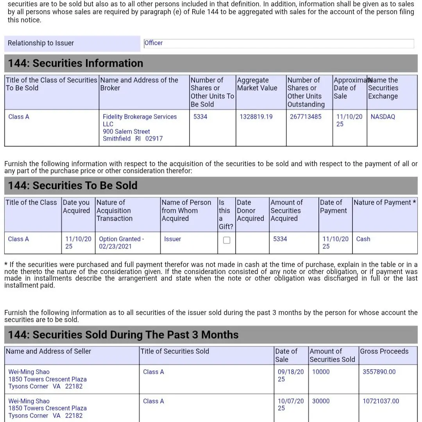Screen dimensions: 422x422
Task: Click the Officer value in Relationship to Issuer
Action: pos(154,43)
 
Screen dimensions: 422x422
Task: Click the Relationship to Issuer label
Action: pos(41,43)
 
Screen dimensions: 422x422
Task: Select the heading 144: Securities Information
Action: pos(75,63)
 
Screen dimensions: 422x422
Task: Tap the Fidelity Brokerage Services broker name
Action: pos(139,117)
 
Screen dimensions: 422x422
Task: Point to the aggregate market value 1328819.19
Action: pos(256,117)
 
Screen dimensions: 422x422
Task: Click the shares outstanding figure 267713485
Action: pos(306,117)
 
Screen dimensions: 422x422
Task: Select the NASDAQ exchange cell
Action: pos(383,117)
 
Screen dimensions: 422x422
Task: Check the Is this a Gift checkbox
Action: pos(227,240)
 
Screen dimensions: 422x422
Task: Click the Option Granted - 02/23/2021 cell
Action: pos(121,243)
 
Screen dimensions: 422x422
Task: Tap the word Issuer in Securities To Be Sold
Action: pos(172,239)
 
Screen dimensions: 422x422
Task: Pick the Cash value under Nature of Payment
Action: pos(363,239)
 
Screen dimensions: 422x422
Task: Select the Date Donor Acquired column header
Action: pos(250,211)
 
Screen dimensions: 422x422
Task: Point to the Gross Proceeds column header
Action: pos(384,351)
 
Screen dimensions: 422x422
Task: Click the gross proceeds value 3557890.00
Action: pos(379,372)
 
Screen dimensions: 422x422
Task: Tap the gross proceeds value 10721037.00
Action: pos(381,401)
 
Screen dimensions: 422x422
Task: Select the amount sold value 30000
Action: pos(321,401)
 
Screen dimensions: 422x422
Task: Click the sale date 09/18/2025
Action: pos(290,376)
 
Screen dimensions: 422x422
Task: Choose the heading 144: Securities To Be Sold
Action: pos(73,186)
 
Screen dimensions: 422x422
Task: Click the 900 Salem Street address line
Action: pos(126,132)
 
